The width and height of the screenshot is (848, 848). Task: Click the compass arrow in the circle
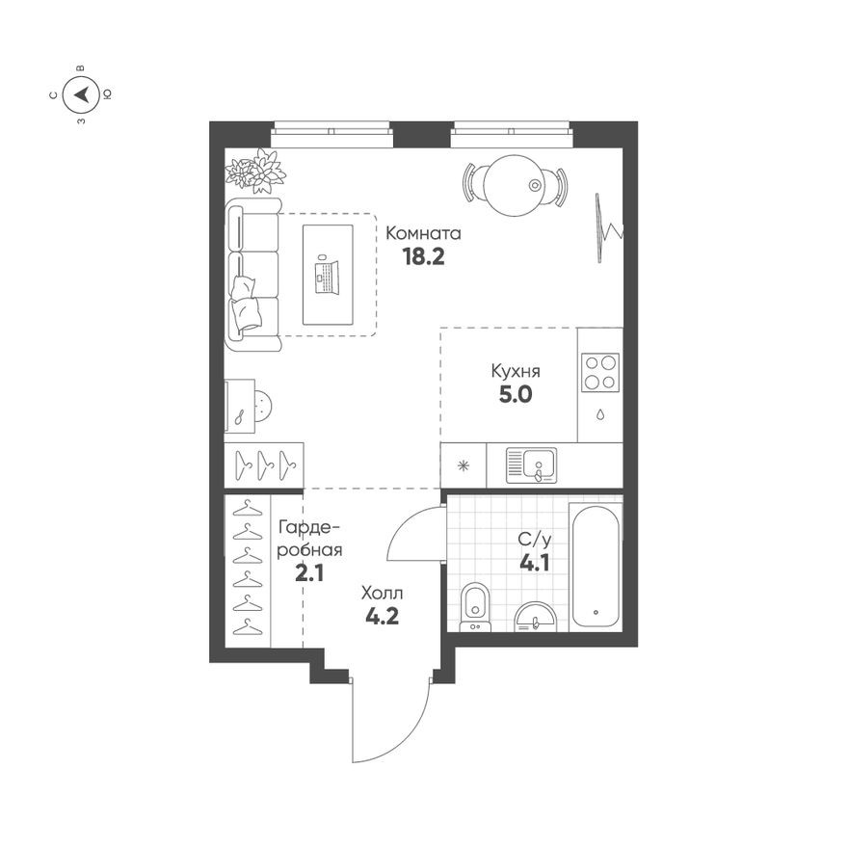coord(82,94)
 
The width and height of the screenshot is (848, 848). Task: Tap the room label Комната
coord(423,233)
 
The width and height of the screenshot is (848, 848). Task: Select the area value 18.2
coord(423,257)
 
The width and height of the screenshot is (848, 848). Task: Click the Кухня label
coord(516,371)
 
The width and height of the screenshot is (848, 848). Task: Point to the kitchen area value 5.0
coord(516,395)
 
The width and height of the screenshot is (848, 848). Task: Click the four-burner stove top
coord(600,372)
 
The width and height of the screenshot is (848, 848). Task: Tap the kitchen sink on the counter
coord(531,465)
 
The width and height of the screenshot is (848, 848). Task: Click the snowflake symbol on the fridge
coord(464,465)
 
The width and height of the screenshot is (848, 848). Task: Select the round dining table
coord(513,185)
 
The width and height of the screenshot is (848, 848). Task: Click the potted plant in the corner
coord(255,170)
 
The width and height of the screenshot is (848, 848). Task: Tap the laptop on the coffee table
coord(327,277)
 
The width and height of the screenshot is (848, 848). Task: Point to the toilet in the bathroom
coord(475,607)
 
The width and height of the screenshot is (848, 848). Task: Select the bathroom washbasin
coord(535,617)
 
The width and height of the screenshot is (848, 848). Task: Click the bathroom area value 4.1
coord(534,564)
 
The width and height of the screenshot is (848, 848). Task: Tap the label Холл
coord(382,594)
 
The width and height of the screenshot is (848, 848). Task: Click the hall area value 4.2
coord(382,617)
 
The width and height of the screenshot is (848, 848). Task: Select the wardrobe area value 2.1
coord(309,572)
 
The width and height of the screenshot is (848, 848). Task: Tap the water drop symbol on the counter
coord(600,414)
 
